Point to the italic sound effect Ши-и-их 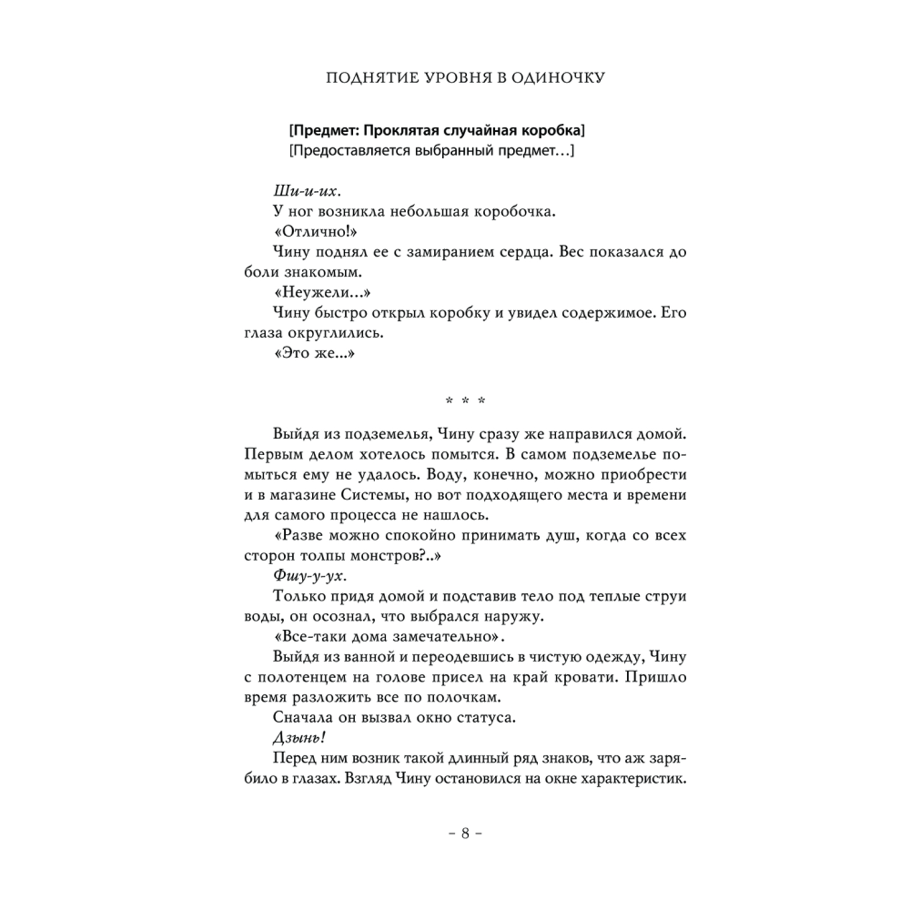[306, 192]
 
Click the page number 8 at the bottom [464, 834]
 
